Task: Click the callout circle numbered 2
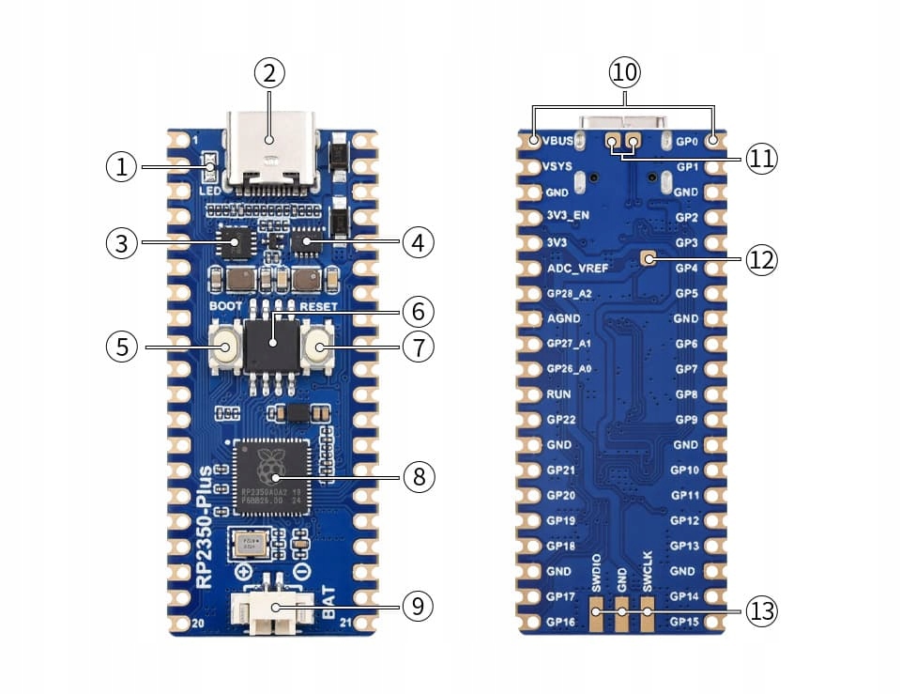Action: coord(269,72)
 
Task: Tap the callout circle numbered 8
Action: coord(420,476)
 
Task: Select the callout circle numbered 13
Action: coord(762,611)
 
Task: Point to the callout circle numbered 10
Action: coord(625,72)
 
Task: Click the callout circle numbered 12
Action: coord(762,259)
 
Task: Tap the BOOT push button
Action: coord(226,348)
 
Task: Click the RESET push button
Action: coord(319,348)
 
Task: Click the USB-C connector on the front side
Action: coord(270,150)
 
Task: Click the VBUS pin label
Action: coord(561,142)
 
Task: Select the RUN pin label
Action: coord(558,395)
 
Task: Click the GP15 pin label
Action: coord(684,622)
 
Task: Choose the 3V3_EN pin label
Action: coord(571,218)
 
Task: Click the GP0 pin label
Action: coord(687,142)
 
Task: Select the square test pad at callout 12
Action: coord(647,258)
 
